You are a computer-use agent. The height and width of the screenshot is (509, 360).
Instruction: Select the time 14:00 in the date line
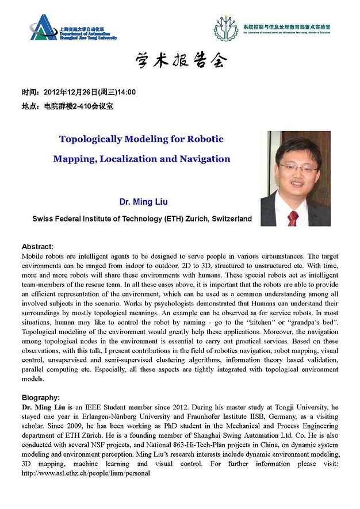[x=127, y=92]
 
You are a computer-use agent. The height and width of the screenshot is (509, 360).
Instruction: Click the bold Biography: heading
[x=41, y=397]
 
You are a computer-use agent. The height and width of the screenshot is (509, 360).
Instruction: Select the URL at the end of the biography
[x=86, y=473]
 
